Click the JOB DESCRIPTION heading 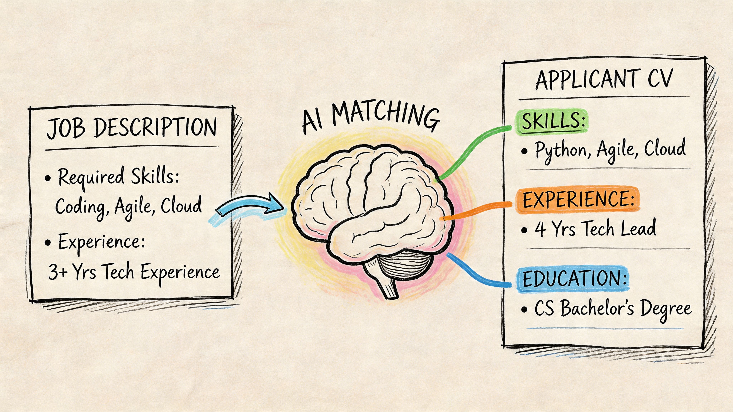(x=132, y=128)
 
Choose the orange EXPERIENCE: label (x=578, y=199)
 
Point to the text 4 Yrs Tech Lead (x=595, y=229)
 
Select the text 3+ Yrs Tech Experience (x=134, y=272)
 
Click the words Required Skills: (x=118, y=177)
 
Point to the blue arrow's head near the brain (x=275, y=205)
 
